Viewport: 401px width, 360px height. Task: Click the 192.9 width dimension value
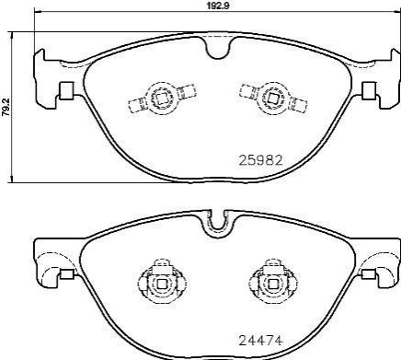coord(217,6)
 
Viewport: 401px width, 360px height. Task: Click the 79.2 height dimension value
coord(5,107)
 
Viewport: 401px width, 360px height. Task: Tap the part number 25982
coord(260,160)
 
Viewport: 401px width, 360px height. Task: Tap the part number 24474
coord(260,341)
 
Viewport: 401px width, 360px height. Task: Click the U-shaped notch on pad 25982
coord(218,48)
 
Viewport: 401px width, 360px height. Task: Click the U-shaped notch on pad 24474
coord(218,225)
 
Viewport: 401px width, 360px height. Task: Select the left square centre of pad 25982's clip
coord(161,98)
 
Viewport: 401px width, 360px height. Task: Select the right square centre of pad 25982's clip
coord(272,98)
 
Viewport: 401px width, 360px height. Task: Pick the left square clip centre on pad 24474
coord(161,284)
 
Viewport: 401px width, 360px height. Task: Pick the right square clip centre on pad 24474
coord(272,284)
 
